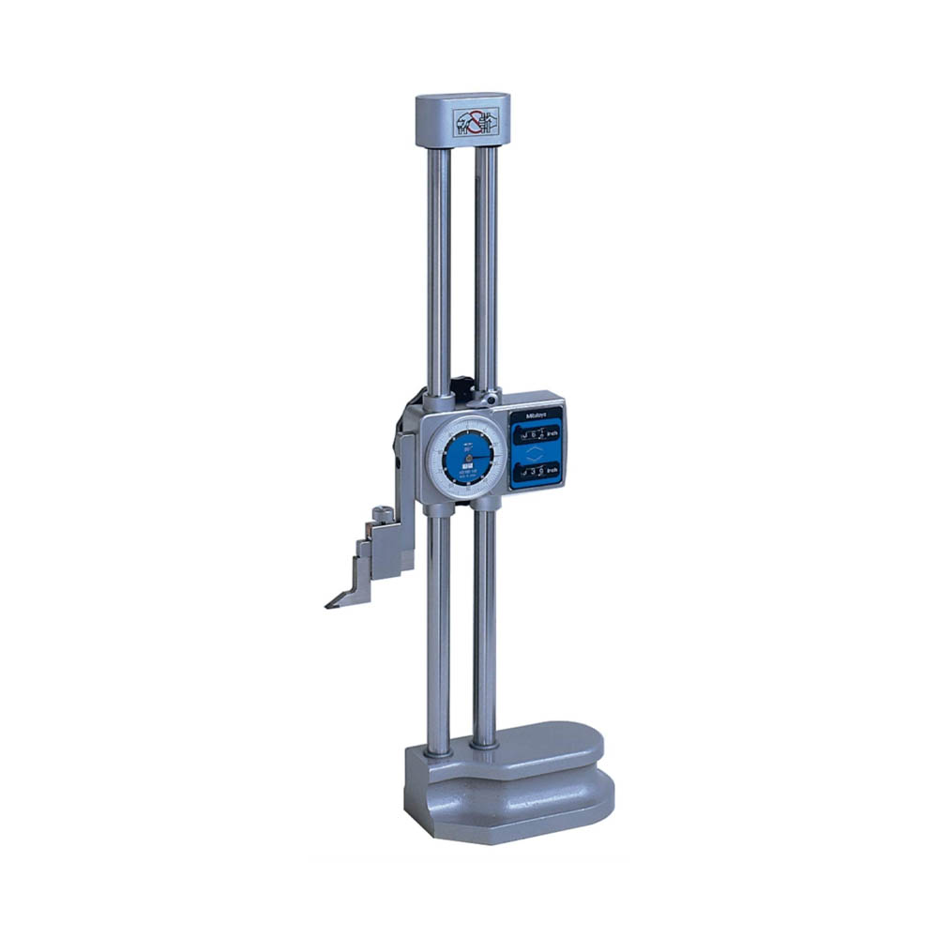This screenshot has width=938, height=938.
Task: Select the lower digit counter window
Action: (537, 474)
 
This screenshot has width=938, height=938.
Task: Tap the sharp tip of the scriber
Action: (328, 605)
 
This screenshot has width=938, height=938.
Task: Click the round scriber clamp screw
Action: (382, 514)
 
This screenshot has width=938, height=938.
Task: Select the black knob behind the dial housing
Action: (461, 387)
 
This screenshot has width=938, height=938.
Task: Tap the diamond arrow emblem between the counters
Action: (536, 454)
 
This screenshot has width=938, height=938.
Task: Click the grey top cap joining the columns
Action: (461, 119)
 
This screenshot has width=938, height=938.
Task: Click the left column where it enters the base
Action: (437, 746)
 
